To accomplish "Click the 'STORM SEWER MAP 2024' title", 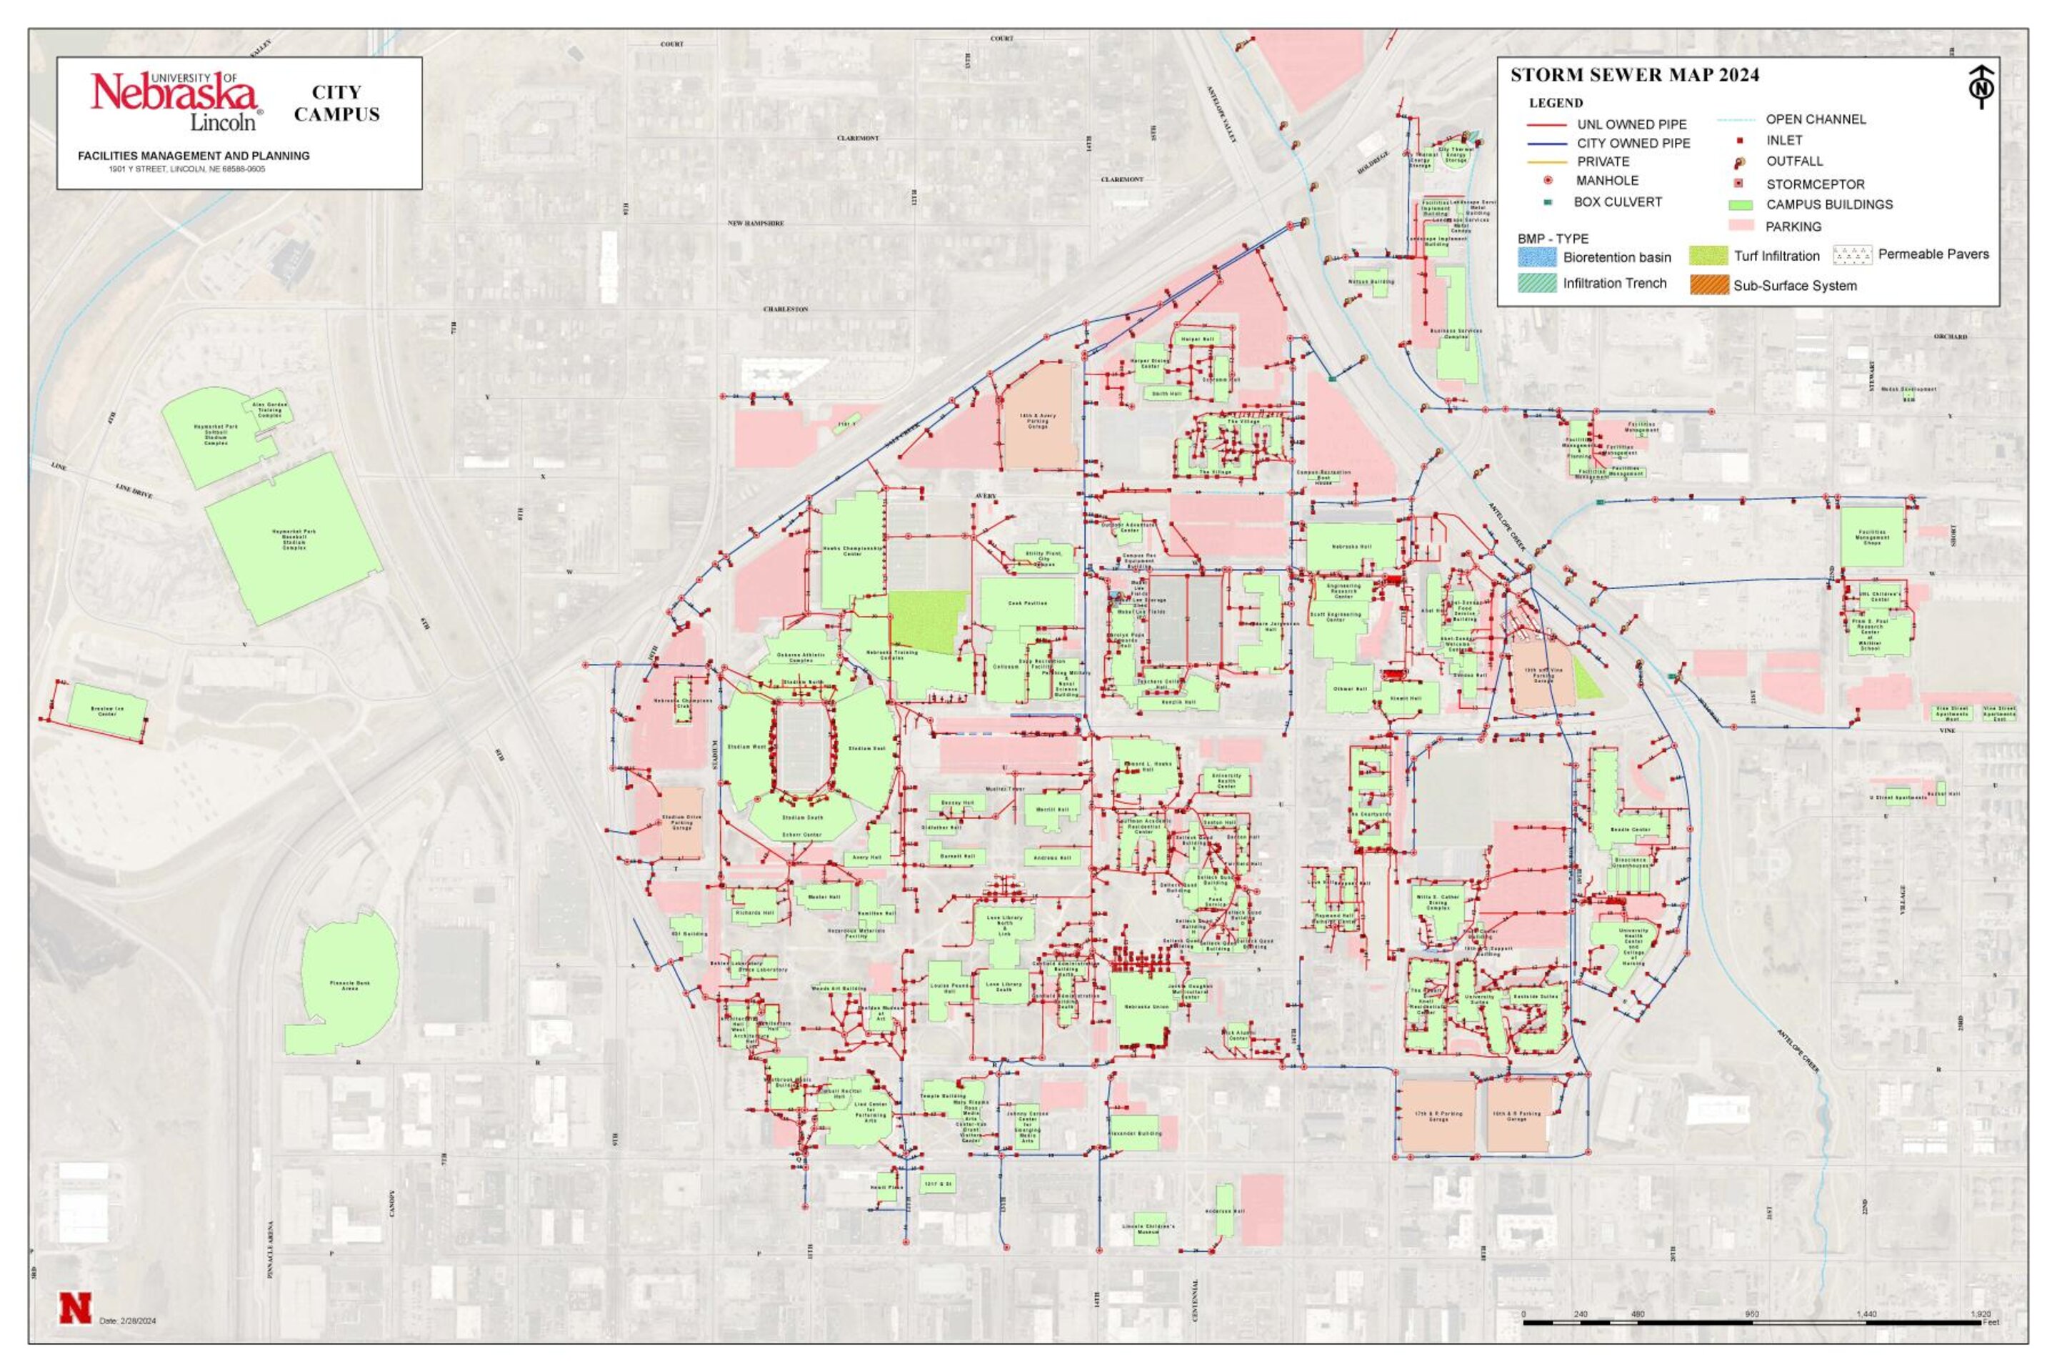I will point(1635,75).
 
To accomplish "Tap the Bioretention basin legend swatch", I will point(1536,257).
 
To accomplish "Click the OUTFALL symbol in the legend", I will point(1740,162).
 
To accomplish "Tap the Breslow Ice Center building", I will point(106,712).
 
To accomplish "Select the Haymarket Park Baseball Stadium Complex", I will point(293,538).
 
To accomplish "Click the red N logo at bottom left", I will point(75,1307).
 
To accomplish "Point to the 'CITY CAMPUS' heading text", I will point(336,103).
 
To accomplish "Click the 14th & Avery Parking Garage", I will point(1037,419).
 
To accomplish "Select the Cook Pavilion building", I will point(1027,603).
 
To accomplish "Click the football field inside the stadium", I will point(802,748).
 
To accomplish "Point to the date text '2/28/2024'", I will point(137,1321).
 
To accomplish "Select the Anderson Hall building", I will point(1224,1211).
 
